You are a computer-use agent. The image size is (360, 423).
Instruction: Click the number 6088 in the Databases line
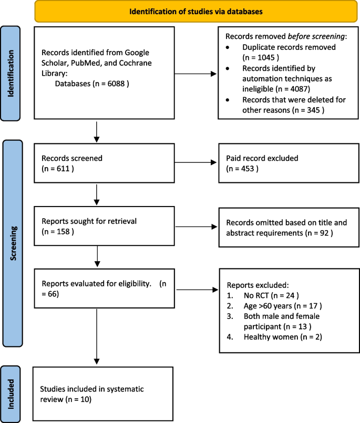[116, 82]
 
